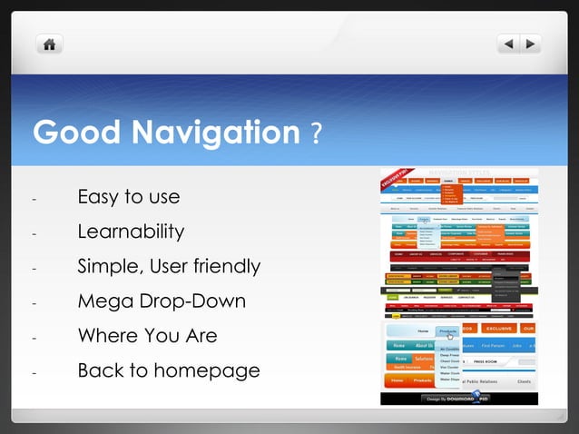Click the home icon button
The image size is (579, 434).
[x=49, y=44]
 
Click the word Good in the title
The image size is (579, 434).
[x=75, y=133]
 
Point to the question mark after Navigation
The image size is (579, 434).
[x=315, y=135]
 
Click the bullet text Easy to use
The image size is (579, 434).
[x=129, y=197]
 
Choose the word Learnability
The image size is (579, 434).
[x=131, y=232]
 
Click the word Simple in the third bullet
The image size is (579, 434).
[x=110, y=266]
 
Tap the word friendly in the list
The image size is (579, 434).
[x=223, y=266]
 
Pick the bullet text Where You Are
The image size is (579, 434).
[x=147, y=335]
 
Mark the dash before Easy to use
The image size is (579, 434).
[x=34, y=199]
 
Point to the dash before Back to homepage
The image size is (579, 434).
[x=34, y=372]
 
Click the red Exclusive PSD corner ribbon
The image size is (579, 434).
[x=391, y=181]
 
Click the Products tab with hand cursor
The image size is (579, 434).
[x=448, y=332]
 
